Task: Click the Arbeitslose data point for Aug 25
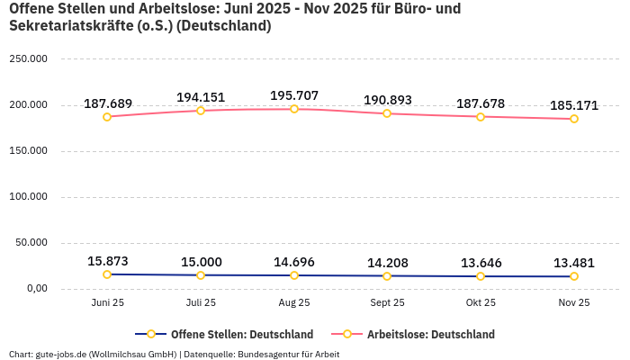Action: point(294,109)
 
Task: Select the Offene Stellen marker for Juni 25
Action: point(107,274)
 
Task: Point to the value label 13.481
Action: point(574,263)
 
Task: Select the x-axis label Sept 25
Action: point(387,303)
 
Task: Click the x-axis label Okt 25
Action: point(481,303)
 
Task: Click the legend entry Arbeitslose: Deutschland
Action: point(430,335)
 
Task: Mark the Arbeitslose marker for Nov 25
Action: point(574,119)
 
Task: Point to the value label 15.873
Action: point(108,261)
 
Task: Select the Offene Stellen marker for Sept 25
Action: point(387,276)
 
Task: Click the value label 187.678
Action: point(481,103)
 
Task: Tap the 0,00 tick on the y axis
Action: point(34,289)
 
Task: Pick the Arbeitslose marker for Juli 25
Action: point(201,111)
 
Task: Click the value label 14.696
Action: point(294,262)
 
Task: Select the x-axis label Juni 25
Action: point(107,303)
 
